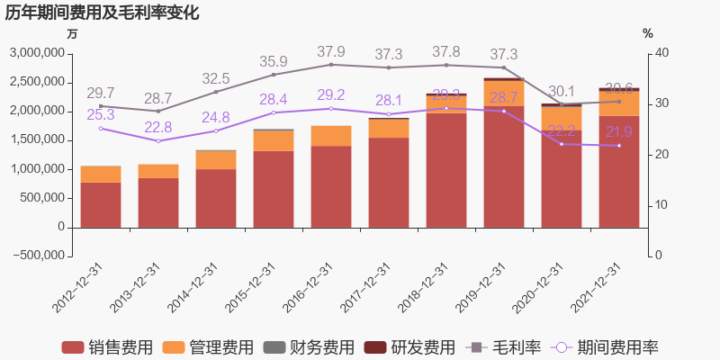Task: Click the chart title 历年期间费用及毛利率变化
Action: point(102,13)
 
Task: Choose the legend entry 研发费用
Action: point(409,347)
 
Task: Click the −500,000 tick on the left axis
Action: point(36,256)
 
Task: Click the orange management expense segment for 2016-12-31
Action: point(330,136)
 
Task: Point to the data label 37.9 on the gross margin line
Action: point(330,51)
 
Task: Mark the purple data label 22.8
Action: point(157,127)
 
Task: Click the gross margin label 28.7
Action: point(157,98)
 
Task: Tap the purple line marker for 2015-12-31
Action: point(273,112)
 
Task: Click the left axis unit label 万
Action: point(72,33)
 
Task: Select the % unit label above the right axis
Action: point(647,33)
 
